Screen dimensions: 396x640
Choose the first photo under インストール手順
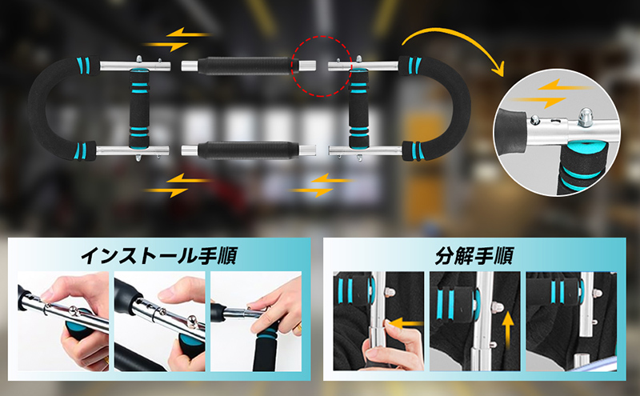tap(62, 322)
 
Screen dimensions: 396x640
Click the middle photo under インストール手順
tap(159, 322)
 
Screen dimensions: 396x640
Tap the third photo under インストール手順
tap(255, 322)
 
